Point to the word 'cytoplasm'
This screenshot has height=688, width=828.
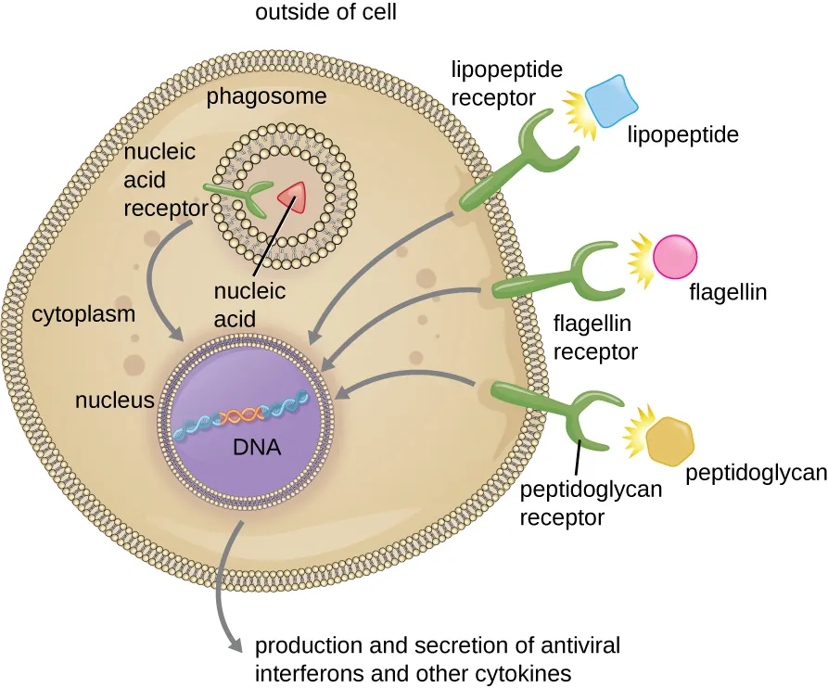pos(83,313)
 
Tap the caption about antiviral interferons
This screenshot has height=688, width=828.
pos(437,656)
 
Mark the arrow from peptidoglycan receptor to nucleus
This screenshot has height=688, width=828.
pos(408,376)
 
